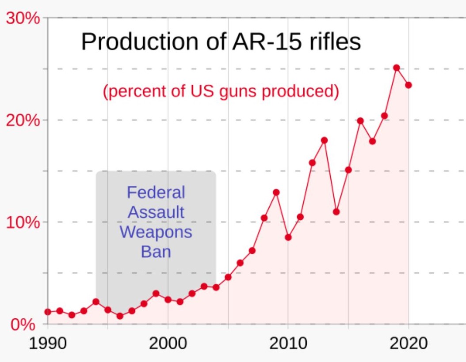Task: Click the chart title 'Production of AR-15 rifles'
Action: [221, 42]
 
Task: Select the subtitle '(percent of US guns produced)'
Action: [221, 91]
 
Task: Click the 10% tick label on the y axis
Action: [23, 222]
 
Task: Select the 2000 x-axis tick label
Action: [168, 343]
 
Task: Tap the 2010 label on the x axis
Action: [288, 343]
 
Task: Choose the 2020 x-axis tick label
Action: [408, 343]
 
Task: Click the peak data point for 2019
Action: [397, 68]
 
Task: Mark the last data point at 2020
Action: [409, 85]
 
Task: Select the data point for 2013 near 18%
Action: [324, 140]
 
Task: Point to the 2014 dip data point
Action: [336, 211]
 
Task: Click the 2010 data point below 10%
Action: [288, 237]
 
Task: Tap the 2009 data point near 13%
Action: [276, 192]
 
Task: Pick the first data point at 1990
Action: [48, 312]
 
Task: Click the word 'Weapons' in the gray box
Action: [156, 232]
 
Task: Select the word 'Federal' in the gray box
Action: [156, 192]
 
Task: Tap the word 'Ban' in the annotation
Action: [156, 252]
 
